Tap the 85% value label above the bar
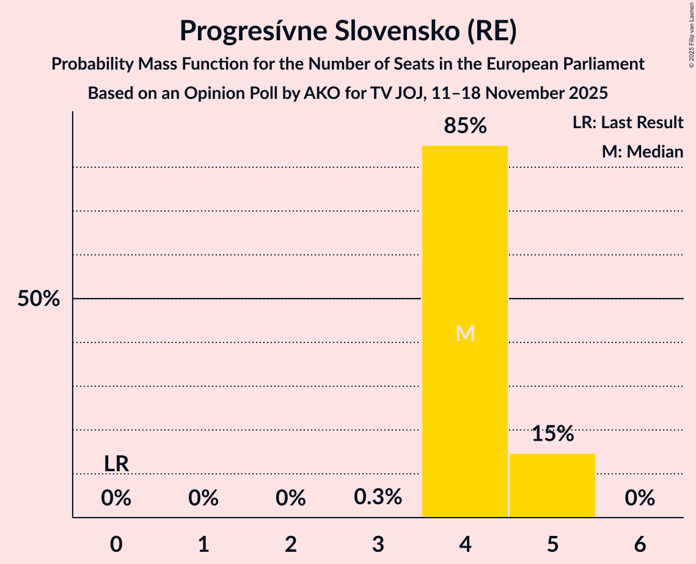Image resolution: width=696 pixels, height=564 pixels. pyautogui.click(x=465, y=126)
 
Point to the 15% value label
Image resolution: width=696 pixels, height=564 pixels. pyautogui.click(x=552, y=434)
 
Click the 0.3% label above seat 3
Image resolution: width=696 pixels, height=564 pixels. pyautogui.click(x=378, y=497)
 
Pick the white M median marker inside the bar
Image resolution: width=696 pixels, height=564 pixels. pyautogui.click(x=465, y=334)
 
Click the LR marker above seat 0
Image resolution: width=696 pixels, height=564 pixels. pyautogui.click(x=116, y=464)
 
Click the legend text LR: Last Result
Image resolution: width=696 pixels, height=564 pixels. pyautogui.click(x=628, y=123)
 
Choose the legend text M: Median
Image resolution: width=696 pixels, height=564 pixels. pyautogui.click(x=642, y=152)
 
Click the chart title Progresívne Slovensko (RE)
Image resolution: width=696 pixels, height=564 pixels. pyautogui.click(x=348, y=31)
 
